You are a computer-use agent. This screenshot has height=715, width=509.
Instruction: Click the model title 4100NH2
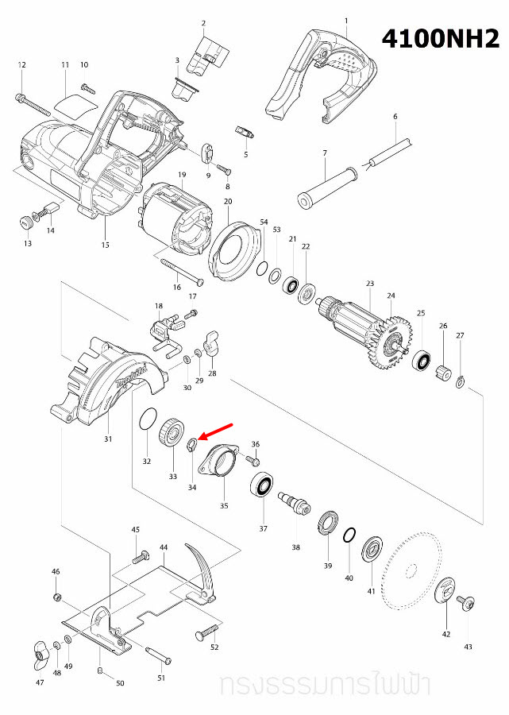[x=441, y=37]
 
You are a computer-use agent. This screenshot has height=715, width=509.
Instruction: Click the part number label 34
[x=192, y=488]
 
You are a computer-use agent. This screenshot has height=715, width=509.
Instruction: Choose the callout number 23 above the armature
[x=369, y=284]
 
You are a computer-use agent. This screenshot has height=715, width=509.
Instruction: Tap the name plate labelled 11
[x=75, y=105]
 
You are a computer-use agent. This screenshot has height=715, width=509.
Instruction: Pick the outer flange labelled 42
[x=445, y=590]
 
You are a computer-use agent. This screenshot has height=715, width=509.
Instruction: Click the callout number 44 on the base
[x=164, y=548]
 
